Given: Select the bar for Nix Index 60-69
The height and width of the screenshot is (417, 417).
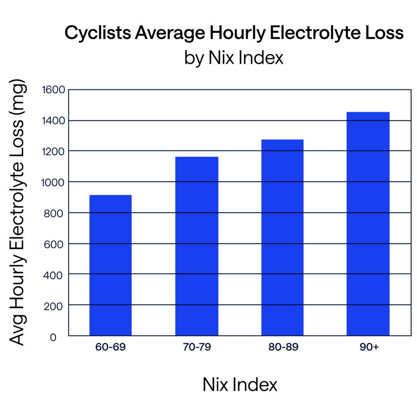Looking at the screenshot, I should coord(110,265).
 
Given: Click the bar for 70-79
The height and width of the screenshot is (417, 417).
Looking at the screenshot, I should coord(197,246).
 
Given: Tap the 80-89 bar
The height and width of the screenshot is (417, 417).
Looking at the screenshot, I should coord(282,237).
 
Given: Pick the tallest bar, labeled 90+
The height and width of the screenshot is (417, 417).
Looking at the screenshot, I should coord(368,224).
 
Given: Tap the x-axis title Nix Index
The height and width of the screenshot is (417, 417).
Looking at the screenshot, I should coord(240,384).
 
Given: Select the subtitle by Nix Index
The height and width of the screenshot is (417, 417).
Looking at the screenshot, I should coord(233,58).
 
